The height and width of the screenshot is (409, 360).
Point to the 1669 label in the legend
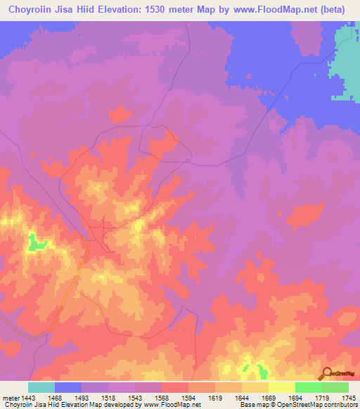click(269, 398)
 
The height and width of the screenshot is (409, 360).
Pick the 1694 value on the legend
click(295, 398)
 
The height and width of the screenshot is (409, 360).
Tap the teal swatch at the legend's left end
click(41, 387)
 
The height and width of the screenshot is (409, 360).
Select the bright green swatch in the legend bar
click(308, 387)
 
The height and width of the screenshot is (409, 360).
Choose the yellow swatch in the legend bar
click(281, 387)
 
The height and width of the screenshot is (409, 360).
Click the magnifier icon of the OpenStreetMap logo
click(325, 373)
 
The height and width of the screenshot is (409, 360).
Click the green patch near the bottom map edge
click(262, 370)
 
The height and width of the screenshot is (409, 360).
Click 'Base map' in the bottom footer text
click(251, 405)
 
